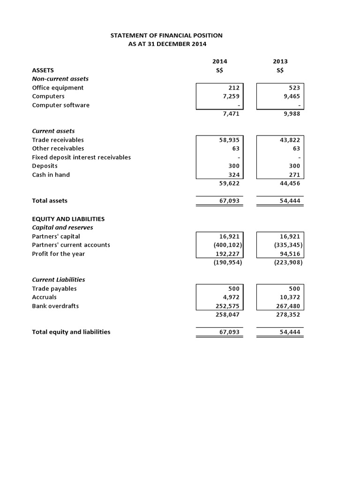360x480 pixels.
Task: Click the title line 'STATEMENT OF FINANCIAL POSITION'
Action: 166,35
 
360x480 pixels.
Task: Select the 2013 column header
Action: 280,61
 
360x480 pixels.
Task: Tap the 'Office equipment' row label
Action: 58,88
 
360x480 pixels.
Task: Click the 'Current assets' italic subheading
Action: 53,131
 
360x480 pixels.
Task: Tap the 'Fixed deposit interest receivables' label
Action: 81,157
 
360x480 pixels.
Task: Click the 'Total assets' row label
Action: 49,201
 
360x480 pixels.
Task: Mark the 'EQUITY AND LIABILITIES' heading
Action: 68,219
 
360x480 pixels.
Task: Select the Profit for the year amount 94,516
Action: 291,254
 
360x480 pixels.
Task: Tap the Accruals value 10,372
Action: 291,297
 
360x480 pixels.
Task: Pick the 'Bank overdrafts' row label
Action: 55,306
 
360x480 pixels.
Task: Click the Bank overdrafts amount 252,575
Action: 228,306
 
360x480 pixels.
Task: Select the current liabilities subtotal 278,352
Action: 289,315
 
